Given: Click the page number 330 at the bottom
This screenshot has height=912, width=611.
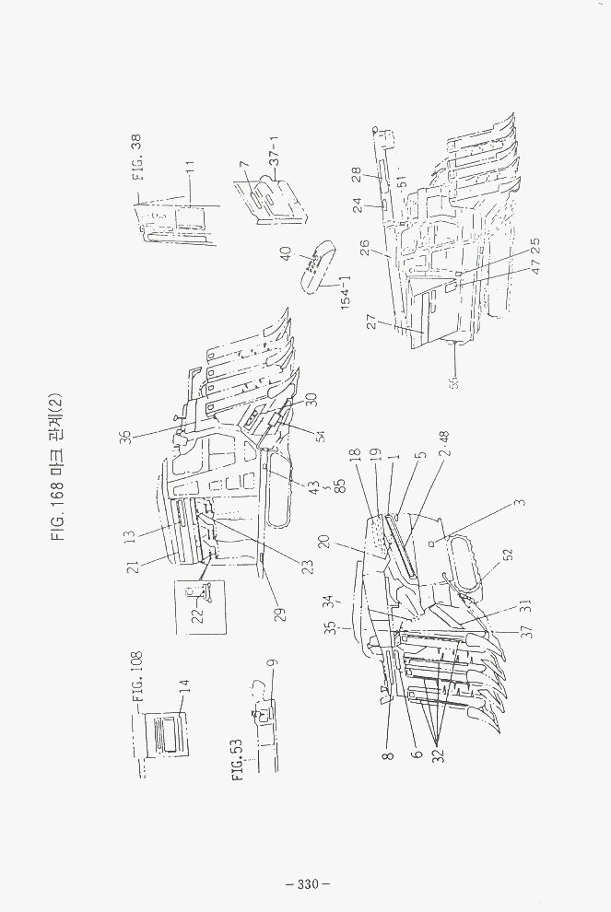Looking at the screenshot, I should (x=307, y=884).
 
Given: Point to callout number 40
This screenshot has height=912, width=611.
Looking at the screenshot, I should (x=286, y=252).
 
